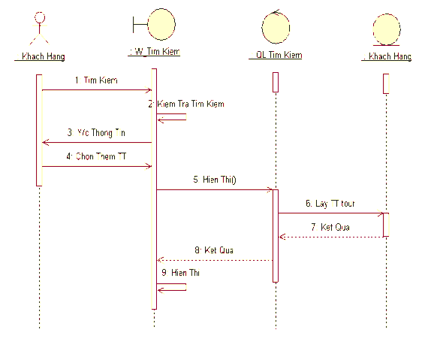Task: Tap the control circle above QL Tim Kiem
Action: coord(275,26)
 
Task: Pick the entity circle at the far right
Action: coord(387,29)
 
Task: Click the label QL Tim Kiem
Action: coord(279,56)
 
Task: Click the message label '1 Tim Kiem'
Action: coord(96,80)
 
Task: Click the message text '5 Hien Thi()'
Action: coord(214,180)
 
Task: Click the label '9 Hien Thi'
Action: coord(180,274)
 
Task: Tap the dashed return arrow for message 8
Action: coord(214,260)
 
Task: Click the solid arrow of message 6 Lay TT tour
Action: coord(330,213)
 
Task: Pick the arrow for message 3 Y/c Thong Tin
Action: coord(98,142)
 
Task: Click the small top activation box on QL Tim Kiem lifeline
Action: coord(276,82)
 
